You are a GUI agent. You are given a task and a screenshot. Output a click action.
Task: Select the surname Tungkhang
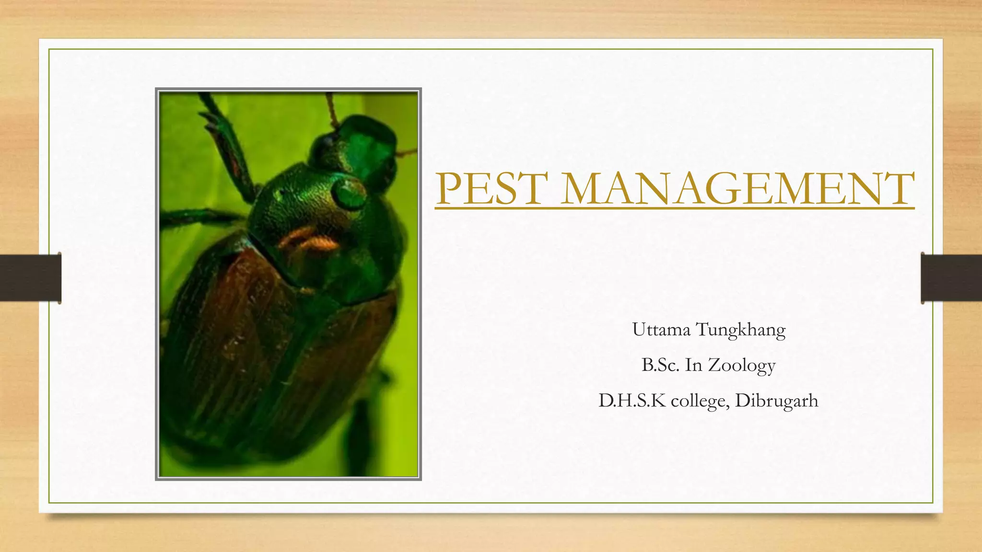point(740,331)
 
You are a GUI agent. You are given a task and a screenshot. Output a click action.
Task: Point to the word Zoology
point(741,366)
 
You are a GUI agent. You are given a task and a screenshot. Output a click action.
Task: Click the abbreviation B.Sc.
point(660,365)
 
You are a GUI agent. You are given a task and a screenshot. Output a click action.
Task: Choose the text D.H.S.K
point(632,401)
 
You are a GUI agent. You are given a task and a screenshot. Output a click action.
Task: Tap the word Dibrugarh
point(776,401)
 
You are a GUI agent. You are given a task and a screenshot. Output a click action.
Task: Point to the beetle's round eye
point(349,193)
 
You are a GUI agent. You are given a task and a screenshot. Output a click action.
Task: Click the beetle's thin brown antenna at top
point(331,108)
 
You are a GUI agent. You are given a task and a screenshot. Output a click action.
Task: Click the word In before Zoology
point(693,365)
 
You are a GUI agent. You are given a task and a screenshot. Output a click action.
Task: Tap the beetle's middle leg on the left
point(201,218)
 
